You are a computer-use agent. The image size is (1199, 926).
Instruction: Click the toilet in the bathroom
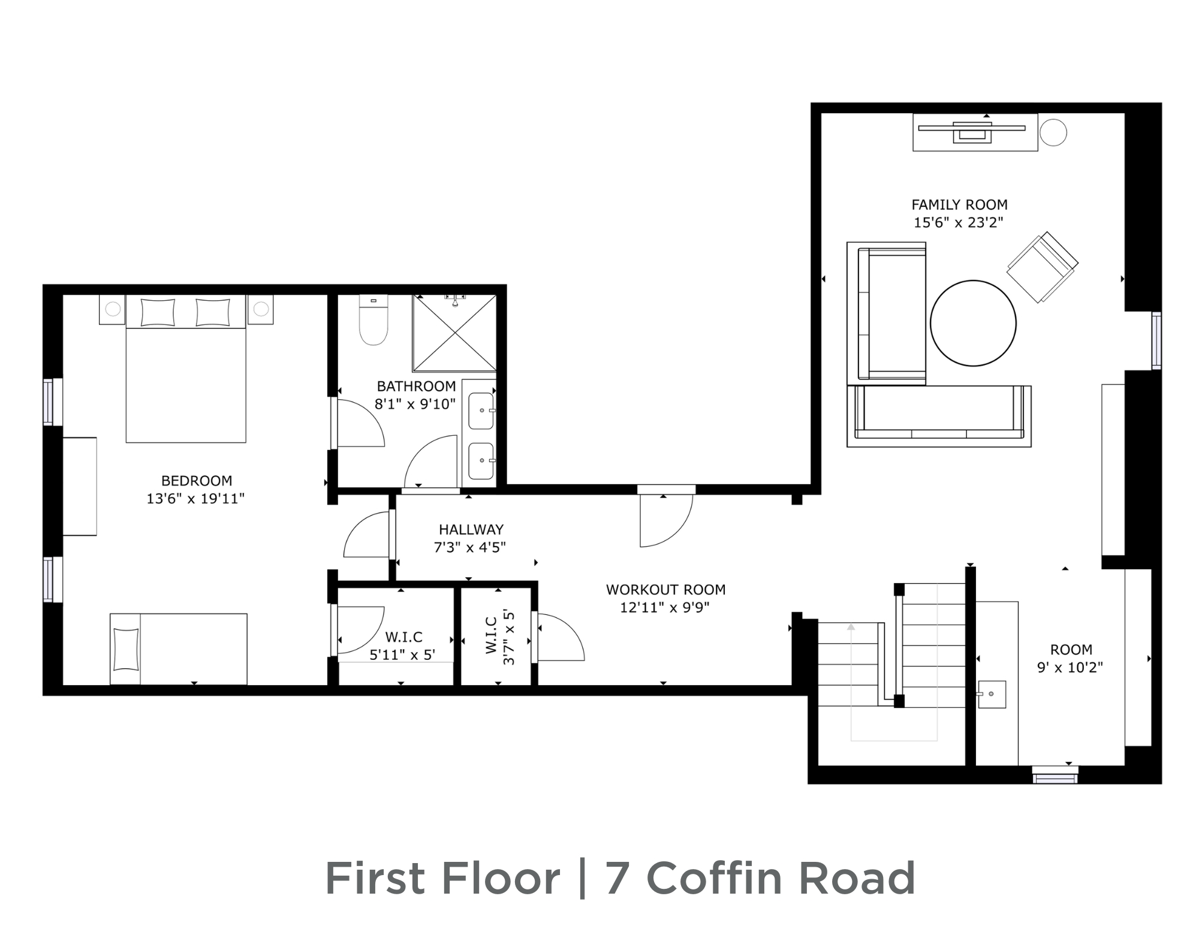(373, 320)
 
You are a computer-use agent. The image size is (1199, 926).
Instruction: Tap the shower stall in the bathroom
(454, 333)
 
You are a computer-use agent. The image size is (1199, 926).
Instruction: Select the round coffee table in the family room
(973, 323)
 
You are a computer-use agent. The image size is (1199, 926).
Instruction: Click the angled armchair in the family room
(1042, 267)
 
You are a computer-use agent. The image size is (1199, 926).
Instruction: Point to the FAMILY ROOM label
(959, 205)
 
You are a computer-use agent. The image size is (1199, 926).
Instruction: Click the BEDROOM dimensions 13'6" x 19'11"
(195, 499)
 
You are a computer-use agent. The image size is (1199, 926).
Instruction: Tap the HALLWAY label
(471, 530)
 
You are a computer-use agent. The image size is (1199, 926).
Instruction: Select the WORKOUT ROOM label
(665, 590)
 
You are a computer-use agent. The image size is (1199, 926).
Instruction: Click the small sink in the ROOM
(992, 694)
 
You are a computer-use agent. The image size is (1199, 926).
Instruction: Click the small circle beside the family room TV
(1053, 132)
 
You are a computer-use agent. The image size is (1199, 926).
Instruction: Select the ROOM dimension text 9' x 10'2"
(1070, 668)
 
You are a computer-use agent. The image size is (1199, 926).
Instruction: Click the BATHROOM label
(416, 387)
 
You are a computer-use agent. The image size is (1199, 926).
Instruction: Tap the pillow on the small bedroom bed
(125, 648)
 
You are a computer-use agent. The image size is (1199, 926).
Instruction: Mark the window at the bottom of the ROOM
(1055, 775)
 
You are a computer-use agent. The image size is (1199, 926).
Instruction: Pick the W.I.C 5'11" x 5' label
(403, 646)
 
